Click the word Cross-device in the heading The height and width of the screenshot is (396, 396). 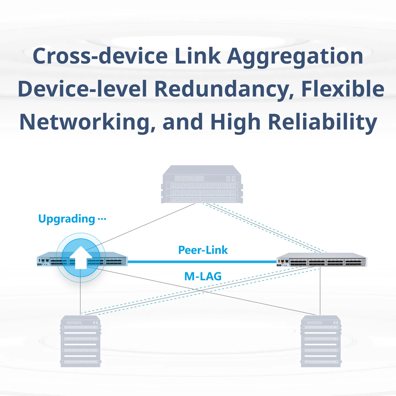100,56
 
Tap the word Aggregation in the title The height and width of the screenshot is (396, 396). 295,58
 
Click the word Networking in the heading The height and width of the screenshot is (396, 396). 87,123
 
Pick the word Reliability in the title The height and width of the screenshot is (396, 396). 323,123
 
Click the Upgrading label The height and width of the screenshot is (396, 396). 67,219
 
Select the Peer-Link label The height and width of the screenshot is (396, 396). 203,250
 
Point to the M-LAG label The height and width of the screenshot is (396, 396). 203,276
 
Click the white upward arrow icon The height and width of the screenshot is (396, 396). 81,257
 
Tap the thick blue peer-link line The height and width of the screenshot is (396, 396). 202,262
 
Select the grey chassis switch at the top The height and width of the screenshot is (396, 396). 202,184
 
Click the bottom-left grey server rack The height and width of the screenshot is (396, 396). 81,341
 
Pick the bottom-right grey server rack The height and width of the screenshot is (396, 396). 321,341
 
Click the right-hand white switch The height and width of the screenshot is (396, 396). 322,260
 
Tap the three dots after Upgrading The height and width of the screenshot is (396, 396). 102,219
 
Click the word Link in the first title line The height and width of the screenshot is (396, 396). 198,56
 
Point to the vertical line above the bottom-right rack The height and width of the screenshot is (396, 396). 320,291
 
